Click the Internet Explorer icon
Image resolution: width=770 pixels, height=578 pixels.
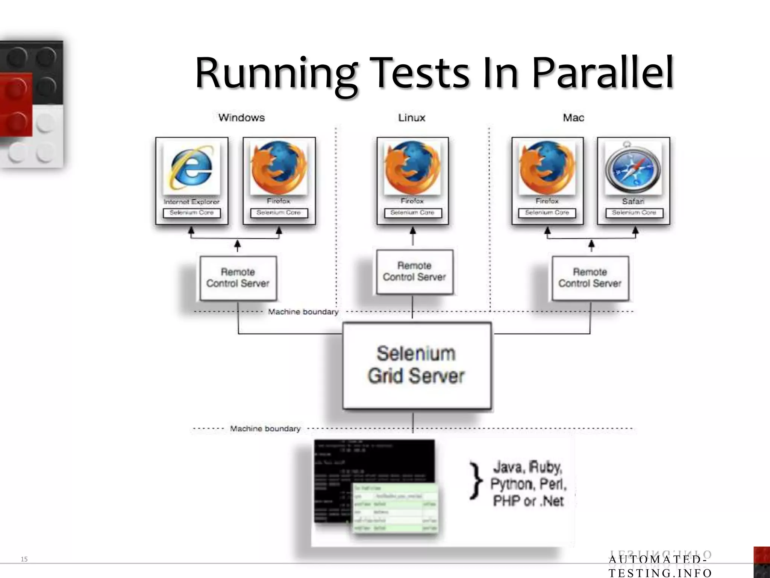click(x=191, y=169)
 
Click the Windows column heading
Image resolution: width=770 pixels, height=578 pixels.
click(x=241, y=118)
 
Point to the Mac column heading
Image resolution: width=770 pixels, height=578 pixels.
click(x=573, y=118)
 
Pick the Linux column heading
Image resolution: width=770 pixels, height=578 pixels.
click(x=412, y=118)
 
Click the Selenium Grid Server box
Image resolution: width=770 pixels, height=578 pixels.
click(x=417, y=365)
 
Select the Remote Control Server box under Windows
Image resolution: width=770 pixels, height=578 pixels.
click(x=238, y=278)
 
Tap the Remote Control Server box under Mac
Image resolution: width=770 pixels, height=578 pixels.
click(x=590, y=278)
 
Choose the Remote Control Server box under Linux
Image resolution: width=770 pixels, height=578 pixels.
click(x=414, y=272)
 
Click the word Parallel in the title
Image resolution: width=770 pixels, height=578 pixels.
click(x=602, y=73)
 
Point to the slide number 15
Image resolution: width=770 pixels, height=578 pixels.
click(x=24, y=559)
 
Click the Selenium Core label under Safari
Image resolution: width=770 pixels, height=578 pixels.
click(x=634, y=213)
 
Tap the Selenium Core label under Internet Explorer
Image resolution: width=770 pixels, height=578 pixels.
click(x=191, y=213)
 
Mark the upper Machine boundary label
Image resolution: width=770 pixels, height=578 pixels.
click(x=303, y=312)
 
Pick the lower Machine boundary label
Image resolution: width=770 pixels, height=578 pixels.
click(x=265, y=429)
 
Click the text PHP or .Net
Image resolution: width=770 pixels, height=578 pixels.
click(x=528, y=501)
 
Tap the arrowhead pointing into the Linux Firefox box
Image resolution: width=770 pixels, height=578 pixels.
click(x=412, y=230)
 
